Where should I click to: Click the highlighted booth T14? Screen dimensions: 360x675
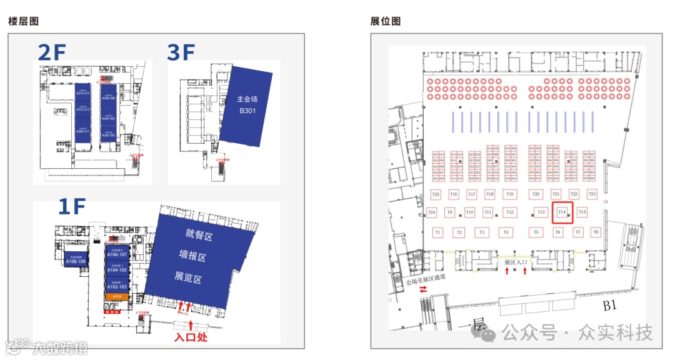pos(562,212)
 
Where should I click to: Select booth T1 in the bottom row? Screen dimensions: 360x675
pos(438,232)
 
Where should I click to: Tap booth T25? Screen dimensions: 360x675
pos(436,194)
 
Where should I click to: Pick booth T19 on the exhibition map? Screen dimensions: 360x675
pos(510,194)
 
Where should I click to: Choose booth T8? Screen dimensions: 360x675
pos(596,232)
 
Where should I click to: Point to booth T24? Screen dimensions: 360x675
pos(432,212)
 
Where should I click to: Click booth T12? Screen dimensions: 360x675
pos(510,212)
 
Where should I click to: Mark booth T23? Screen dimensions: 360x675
pos(592,194)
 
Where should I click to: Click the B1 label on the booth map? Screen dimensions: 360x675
pos(610,306)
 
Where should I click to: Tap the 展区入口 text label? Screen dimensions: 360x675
pos(516,262)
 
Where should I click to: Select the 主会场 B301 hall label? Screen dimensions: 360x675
pos(247,106)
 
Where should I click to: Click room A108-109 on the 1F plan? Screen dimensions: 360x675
pos(76,261)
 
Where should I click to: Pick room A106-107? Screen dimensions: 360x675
pos(117,254)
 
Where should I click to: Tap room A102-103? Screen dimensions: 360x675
pos(117,286)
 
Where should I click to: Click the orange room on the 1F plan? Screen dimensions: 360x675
pos(117,297)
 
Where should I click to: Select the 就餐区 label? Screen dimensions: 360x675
pos(199,234)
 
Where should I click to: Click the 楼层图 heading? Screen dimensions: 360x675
pos(23,22)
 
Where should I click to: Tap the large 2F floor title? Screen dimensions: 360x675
pos(51,54)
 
